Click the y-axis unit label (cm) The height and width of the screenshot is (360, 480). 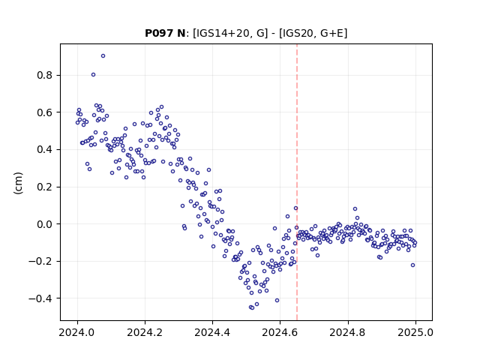point(18,183)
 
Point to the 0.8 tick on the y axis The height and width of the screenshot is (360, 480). point(44,75)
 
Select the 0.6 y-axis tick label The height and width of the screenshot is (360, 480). point(44,112)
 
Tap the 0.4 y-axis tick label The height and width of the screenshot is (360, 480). point(44,150)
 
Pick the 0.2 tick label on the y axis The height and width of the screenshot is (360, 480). point(44,187)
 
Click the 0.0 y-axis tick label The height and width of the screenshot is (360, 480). point(44,224)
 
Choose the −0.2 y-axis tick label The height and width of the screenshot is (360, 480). point(40,261)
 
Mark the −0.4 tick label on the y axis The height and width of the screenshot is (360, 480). point(40,298)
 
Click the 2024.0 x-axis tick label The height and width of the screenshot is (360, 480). point(77,332)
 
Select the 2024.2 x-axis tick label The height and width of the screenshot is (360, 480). point(145,332)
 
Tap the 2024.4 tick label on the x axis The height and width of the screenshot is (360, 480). point(212,332)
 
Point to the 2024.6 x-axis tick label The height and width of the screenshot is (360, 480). point(280,332)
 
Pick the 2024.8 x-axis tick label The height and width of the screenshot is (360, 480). point(348,332)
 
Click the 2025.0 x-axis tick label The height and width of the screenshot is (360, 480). point(415,332)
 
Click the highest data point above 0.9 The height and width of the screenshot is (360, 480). point(103,56)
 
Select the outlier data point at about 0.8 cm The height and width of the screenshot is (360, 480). point(93,75)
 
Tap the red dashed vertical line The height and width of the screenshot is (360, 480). point(297,182)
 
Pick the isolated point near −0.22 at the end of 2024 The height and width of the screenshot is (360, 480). point(412,265)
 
